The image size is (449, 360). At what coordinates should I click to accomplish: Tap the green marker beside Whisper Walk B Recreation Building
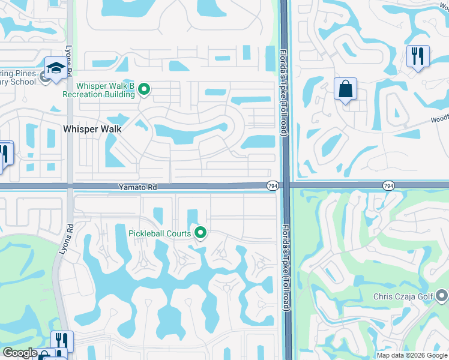coord(144,90)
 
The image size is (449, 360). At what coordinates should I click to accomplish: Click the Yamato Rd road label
coord(137,187)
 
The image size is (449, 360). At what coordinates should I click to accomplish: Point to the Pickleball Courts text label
coord(160,233)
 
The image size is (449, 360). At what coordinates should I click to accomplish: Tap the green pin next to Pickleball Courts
coord(200,232)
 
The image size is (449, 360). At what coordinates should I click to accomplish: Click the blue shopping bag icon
coord(346,89)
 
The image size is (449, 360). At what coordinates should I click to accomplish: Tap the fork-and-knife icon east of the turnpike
coord(418,56)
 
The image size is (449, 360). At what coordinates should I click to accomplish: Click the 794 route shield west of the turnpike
coord(272,187)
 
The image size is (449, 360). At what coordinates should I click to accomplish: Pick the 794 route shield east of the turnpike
coord(388,187)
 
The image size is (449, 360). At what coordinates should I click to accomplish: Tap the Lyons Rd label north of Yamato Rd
coord(70,63)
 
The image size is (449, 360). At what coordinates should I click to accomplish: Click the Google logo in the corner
coord(20,353)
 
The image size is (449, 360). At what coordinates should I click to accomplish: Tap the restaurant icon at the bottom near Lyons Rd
coord(62,341)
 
